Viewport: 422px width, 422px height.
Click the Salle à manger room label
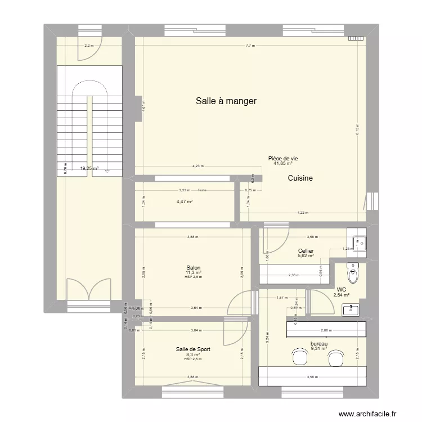(x=226, y=101)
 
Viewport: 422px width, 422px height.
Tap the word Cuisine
(x=300, y=178)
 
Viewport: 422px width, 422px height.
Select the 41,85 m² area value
(x=282, y=164)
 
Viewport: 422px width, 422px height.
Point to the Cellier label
(x=306, y=251)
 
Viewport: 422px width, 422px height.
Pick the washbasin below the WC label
(x=352, y=308)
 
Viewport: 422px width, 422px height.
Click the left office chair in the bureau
(x=298, y=356)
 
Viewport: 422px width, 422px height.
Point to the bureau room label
(x=319, y=344)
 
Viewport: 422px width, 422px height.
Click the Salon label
(x=194, y=268)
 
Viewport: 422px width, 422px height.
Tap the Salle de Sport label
(x=194, y=349)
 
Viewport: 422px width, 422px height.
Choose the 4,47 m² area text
(x=185, y=202)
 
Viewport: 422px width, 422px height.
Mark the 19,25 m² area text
(x=88, y=168)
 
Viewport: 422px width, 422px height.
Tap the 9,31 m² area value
(x=319, y=349)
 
